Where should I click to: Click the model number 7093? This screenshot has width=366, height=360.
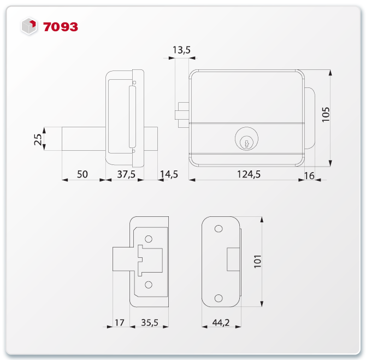point(61,26)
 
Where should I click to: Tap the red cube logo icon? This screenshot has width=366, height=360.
point(29,26)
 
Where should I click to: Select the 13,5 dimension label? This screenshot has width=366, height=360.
point(181,50)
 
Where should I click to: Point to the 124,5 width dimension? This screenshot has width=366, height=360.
point(248,174)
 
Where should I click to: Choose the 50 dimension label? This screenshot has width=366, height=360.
point(82,174)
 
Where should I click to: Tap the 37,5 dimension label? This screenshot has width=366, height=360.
point(126,174)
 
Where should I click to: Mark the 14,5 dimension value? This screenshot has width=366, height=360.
point(169,174)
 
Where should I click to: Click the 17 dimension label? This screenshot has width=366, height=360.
point(119,323)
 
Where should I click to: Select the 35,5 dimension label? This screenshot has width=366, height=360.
point(149,323)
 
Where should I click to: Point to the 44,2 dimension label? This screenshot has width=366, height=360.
point(220,323)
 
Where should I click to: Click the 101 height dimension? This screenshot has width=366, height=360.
point(258,263)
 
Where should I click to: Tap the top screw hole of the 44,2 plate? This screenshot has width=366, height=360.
point(219,229)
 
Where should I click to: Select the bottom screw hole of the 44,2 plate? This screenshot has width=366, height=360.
point(219,298)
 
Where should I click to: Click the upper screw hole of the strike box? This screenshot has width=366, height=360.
point(149,239)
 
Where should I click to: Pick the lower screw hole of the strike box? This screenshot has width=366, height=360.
point(149,284)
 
